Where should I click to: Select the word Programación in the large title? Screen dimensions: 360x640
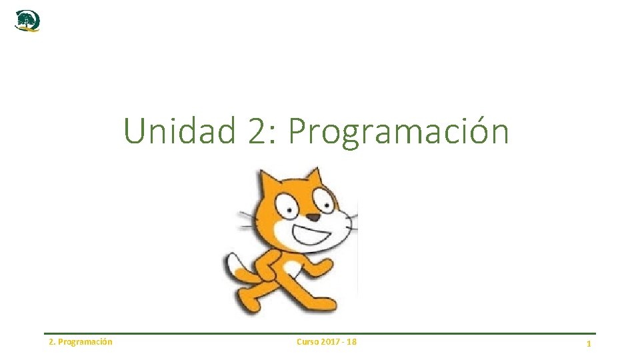[398, 132]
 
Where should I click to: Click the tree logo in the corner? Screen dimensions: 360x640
[27, 21]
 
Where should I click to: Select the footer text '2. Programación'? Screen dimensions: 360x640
[81, 342]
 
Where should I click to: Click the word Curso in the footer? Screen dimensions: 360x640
[307, 342]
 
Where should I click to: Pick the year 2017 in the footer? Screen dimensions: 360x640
[331, 342]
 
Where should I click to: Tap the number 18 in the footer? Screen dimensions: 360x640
[351, 342]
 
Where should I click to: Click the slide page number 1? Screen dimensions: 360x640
[589, 343]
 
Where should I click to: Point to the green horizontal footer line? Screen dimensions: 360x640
[320, 333]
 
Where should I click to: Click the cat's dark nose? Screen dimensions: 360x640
[313, 217]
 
